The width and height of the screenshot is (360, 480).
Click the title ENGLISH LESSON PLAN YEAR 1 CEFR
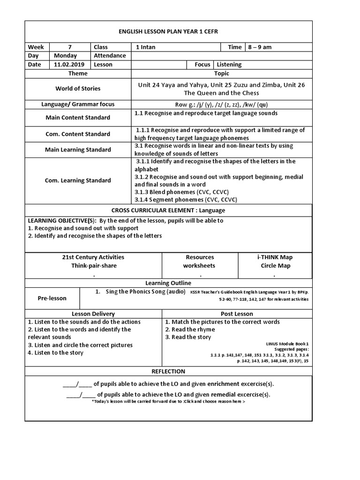[x=168, y=31]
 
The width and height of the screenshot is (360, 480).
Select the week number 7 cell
[x=70, y=47]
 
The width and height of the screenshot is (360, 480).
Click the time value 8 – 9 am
[x=260, y=47]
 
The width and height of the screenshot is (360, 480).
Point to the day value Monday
[x=66, y=56]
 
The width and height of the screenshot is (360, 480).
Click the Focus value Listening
[x=229, y=65]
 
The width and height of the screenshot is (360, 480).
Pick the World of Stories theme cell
[x=78, y=89]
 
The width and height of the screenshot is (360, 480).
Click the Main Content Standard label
[x=78, y=118]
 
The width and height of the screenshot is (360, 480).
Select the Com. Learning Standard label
[x=78, y=180]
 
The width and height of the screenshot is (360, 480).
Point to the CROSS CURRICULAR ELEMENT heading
[x=168, y=210]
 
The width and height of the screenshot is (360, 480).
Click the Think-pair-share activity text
[x=94, y=266]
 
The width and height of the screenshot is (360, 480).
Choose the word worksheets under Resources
[x=199, y=266]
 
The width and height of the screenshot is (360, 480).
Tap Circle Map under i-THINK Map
[x=276, y=266]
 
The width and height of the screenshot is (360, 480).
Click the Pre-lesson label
[x=52, y=298]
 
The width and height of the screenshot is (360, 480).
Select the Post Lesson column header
[x=237, y=314]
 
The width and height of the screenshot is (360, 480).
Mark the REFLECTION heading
[x=168, y=371]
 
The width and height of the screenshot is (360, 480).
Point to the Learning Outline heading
[x=168, y=283]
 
